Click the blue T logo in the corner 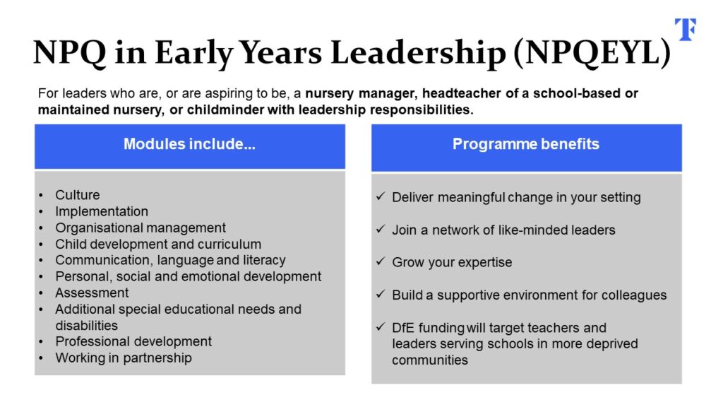click(686, 30)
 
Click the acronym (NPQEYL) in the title click(592, 52)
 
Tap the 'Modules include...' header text click(189, 144)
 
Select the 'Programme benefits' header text click(525, 144)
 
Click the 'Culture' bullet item click(78, 195)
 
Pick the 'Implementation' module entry click(102, 211)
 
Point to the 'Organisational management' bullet click(141, 228)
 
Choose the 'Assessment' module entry click(92, 293)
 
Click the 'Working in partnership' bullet click(124, 358)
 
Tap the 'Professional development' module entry click(133, 341)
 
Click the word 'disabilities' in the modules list click(87, 325)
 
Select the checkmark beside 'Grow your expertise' click(381, 261)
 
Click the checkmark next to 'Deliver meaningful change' click(381, 196)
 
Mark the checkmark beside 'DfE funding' click(381, 326)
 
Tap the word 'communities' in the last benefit click(430, 360)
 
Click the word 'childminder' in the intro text click(225, 110)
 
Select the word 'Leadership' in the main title click(418, 52)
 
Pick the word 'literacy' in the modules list click(264, 260)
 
